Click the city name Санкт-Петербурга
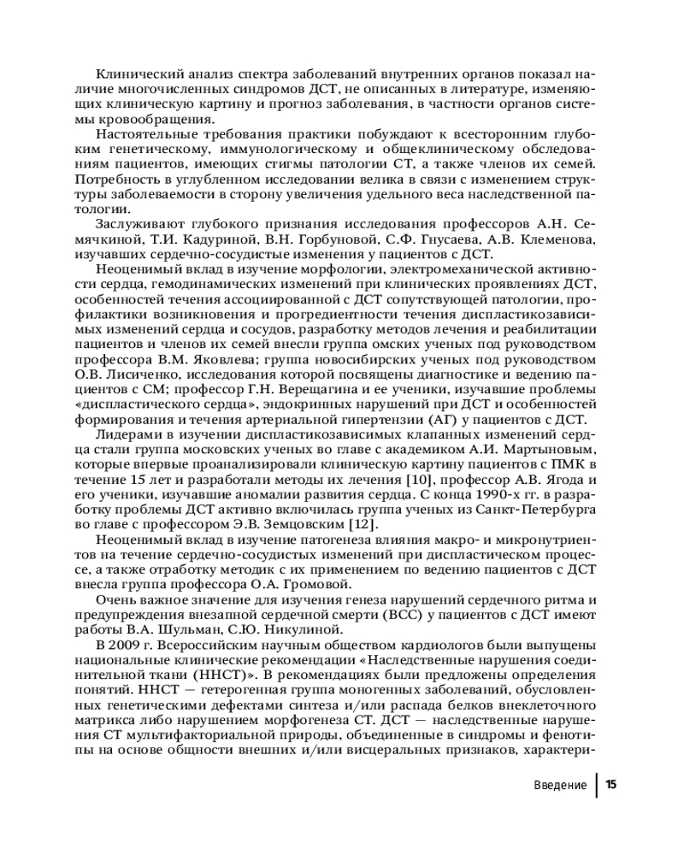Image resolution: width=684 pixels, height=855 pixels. (535, 510)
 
